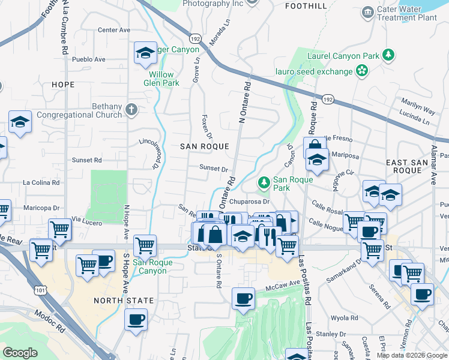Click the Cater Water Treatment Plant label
406,13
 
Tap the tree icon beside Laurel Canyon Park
389,56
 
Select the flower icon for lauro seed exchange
361,71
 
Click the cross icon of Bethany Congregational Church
130,110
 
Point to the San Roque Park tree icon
263,182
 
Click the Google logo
20,353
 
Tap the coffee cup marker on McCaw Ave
243,298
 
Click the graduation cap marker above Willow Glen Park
145,53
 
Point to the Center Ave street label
114,29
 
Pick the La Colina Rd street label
41,182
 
